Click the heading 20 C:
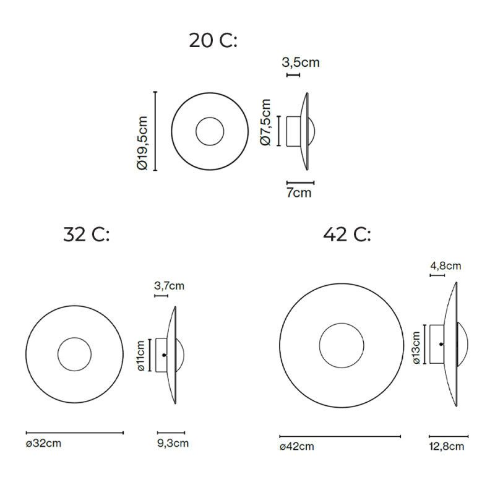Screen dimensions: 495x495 [x=213, y=41]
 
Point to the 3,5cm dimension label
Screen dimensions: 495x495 [x=301, y=62]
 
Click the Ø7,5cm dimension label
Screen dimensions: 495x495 [x=266, y=122]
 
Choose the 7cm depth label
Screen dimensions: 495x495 [x=299, y=193]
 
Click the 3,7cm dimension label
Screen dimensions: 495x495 [x=169, y=286]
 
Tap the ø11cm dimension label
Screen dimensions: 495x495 [x=142, y=355]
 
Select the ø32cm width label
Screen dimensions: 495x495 [x=43, y=443]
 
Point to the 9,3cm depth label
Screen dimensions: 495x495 [x=173, y=443]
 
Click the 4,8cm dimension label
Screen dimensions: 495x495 [x=445, y=266]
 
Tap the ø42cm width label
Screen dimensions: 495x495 [x=296, y=447]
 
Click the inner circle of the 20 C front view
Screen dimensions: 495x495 [x=210, y=132]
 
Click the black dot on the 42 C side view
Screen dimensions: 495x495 [x=441, y=344]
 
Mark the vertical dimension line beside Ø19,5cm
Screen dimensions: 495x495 [x=155, y=131]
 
